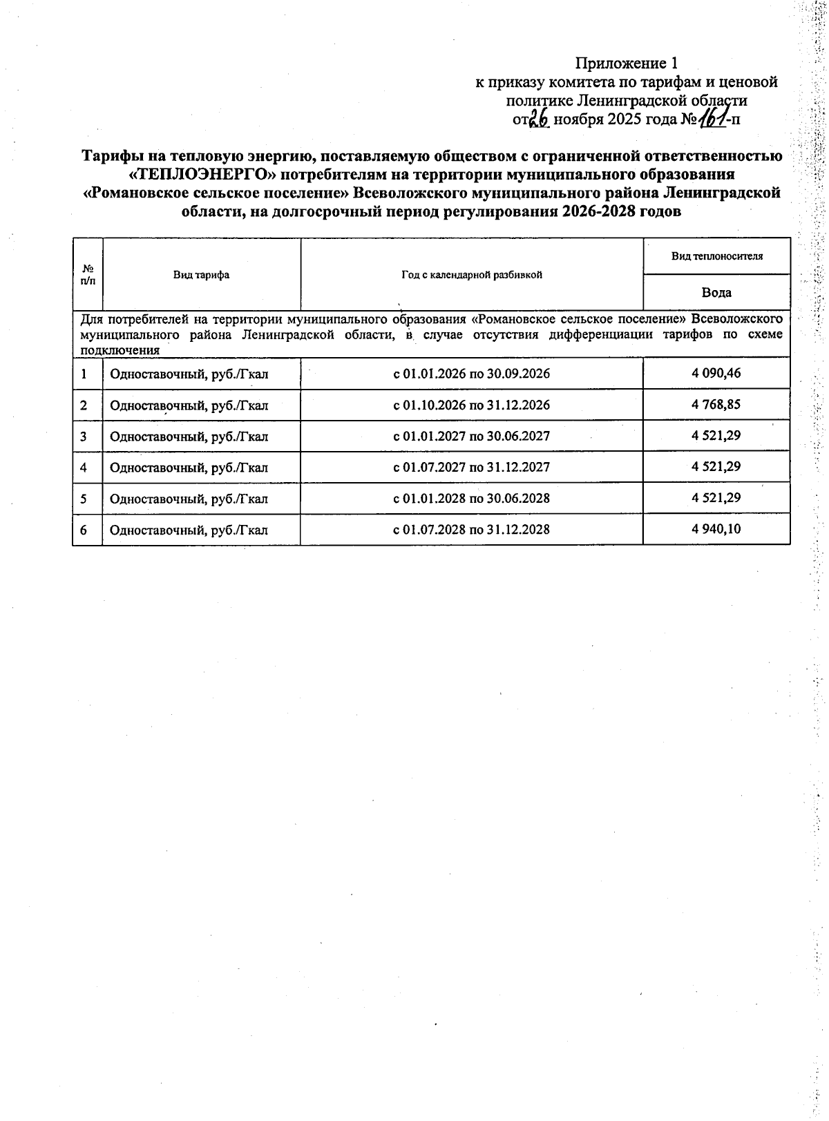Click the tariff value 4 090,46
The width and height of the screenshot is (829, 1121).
716,373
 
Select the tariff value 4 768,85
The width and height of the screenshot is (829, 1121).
716,404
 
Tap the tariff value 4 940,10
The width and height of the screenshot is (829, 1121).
716,529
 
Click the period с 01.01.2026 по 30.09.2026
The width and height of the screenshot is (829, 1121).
471,374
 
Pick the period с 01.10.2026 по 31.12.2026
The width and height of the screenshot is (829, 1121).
471,405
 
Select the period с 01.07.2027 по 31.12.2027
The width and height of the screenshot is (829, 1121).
471,468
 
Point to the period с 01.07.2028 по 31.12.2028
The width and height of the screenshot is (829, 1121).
471,530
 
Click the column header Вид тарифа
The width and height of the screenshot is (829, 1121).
201,275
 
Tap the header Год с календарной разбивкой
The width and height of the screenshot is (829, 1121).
471,275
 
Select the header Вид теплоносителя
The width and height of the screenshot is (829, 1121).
716,256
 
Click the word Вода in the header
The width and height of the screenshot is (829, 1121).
716,292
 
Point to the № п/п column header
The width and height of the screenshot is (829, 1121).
88,274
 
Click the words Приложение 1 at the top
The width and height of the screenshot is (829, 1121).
627,64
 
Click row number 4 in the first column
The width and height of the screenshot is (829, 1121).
84,468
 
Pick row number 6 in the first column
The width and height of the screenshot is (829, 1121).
84,530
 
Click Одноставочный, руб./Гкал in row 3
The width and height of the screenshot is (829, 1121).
189,437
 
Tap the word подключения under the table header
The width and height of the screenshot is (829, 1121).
120,350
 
